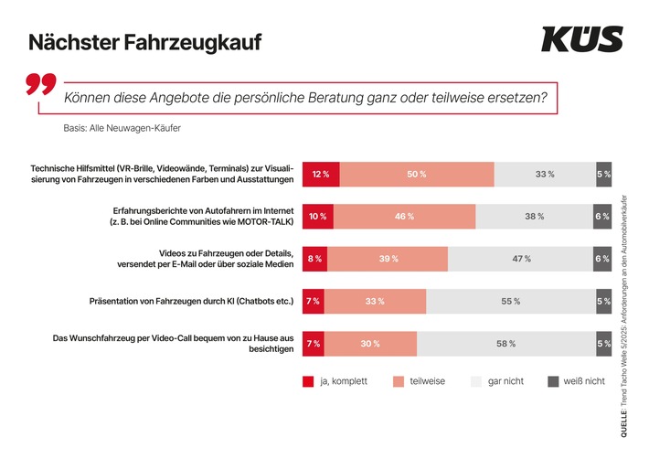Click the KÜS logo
coord(581,39)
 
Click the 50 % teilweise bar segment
coord(417,174)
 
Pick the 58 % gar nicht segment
coord(505,344)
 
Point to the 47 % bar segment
coord(521,259)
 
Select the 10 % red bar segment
coord(317,217)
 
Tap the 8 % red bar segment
coord(314,259)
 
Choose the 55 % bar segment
coord(510,302)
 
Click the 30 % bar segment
coord(371,344)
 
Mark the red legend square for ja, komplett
coord(308,381)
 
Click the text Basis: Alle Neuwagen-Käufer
coord(122,128)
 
